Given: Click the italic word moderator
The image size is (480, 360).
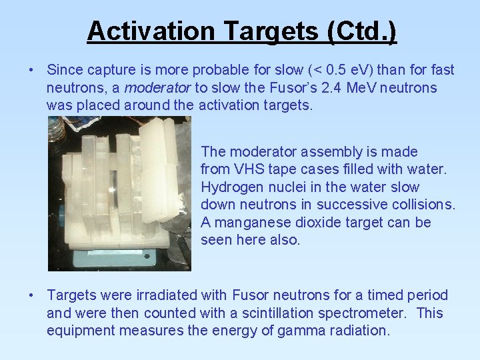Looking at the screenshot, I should [x=157, y=87].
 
